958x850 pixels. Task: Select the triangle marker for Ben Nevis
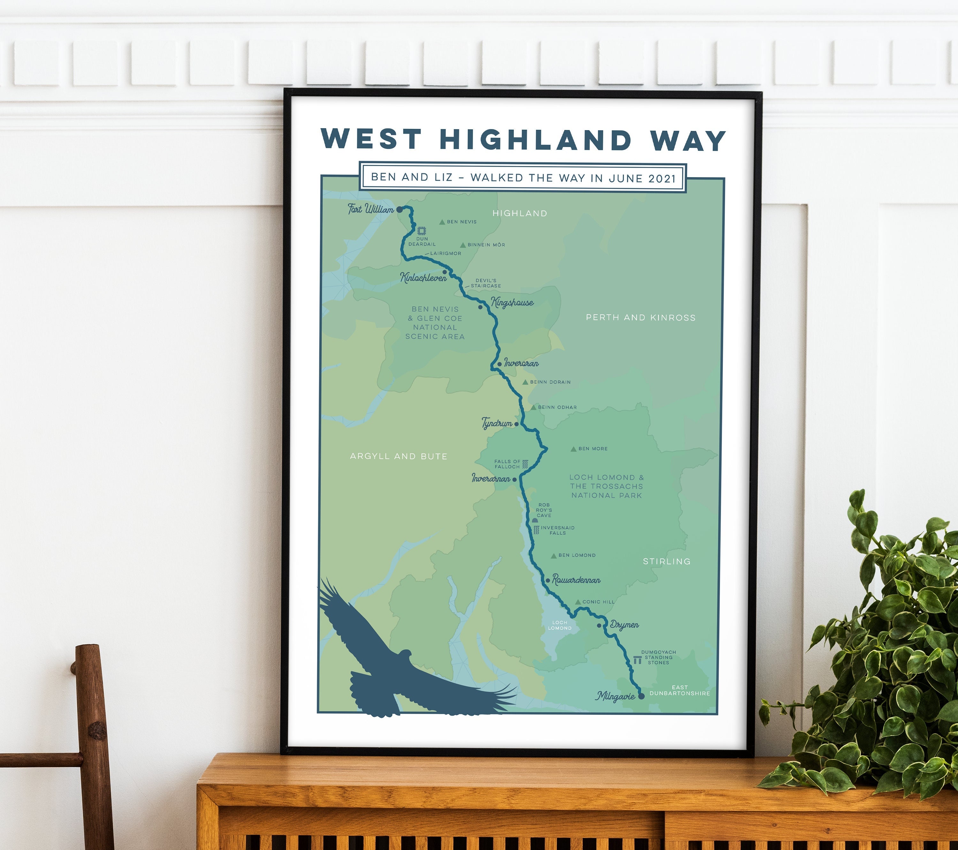[442, 222]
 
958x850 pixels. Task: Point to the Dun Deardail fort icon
[421, 231]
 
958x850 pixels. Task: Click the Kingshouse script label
[512, 303]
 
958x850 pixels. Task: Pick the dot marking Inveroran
[500, 364]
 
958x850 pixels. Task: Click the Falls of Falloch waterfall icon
[525, 464]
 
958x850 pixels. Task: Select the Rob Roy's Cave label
[544, 510]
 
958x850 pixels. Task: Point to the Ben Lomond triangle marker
[553, 556]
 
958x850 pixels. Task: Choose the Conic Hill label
[598, 602]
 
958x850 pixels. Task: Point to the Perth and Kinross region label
[641, 318]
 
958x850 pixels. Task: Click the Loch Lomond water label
[559, 625]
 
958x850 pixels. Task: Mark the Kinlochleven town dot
[444, 272]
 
